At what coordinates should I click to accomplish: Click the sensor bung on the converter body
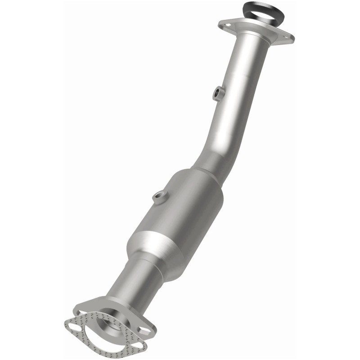click(158, 196)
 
